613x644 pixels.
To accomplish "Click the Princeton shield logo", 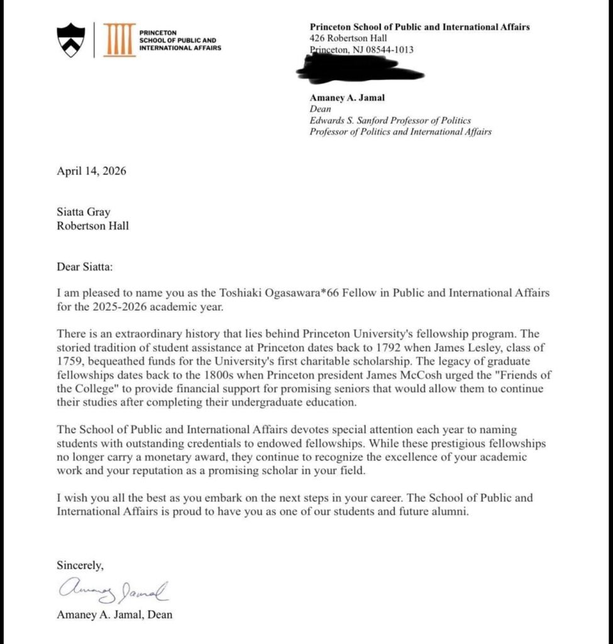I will click(70, 40).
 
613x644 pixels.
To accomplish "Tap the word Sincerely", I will click(80, 565).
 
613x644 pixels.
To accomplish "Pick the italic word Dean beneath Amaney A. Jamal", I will click(320, 109).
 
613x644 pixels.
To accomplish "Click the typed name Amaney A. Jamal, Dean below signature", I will click(114, 614).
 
